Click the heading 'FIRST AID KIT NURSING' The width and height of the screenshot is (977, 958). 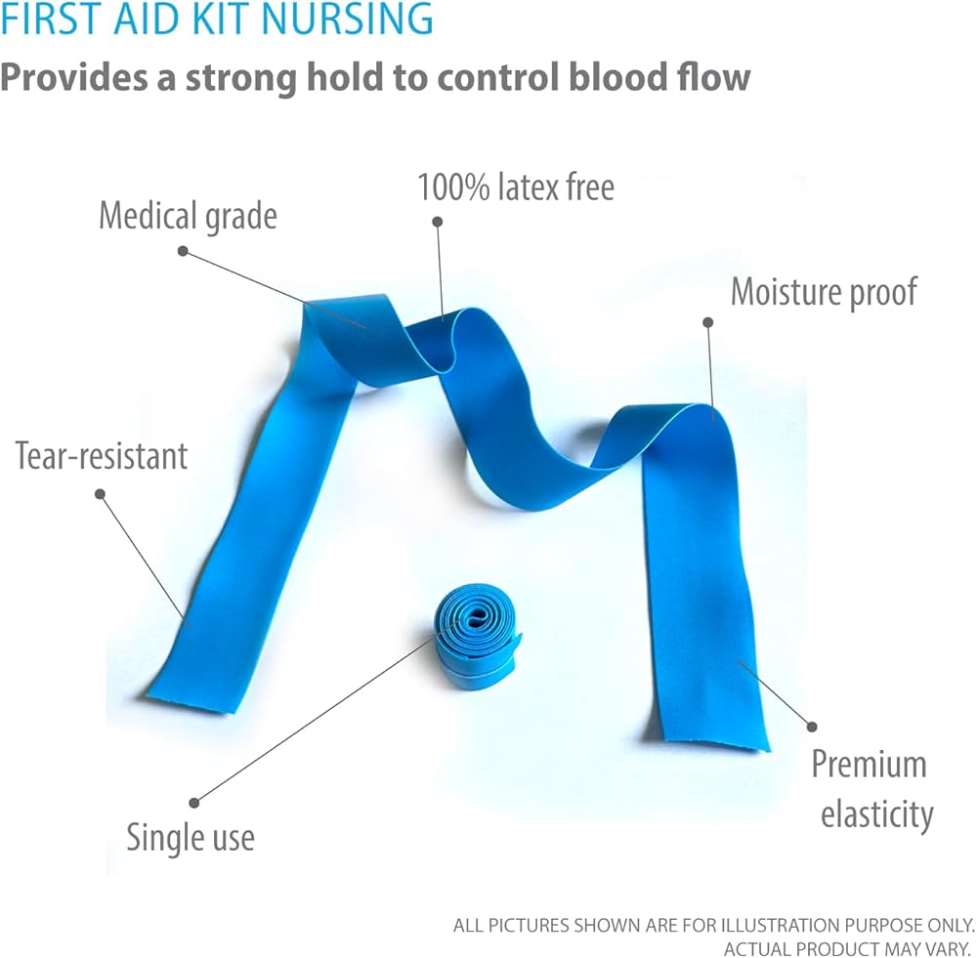tap(217, 20)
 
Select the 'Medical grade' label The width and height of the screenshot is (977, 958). tap(188, 216)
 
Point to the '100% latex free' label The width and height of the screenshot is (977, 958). tap(516, 187)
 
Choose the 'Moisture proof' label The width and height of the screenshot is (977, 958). tap(825, 291)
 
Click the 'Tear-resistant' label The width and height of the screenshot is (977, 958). tap(102, 455)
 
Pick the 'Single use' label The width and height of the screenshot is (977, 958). tap(191, 838)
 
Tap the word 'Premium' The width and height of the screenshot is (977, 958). tap(869, 764)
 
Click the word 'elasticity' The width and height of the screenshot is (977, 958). tap(876, 814)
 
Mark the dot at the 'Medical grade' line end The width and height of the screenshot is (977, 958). tap(183, 251)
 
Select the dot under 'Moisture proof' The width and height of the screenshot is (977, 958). tap(705, 320)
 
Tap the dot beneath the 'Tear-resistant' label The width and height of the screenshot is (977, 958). tap(100, 493)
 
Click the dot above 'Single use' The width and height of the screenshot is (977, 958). tap(194, 803)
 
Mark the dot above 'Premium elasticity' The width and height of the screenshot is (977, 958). tap(810, 726)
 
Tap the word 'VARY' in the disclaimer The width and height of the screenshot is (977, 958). tap(942, 948)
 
